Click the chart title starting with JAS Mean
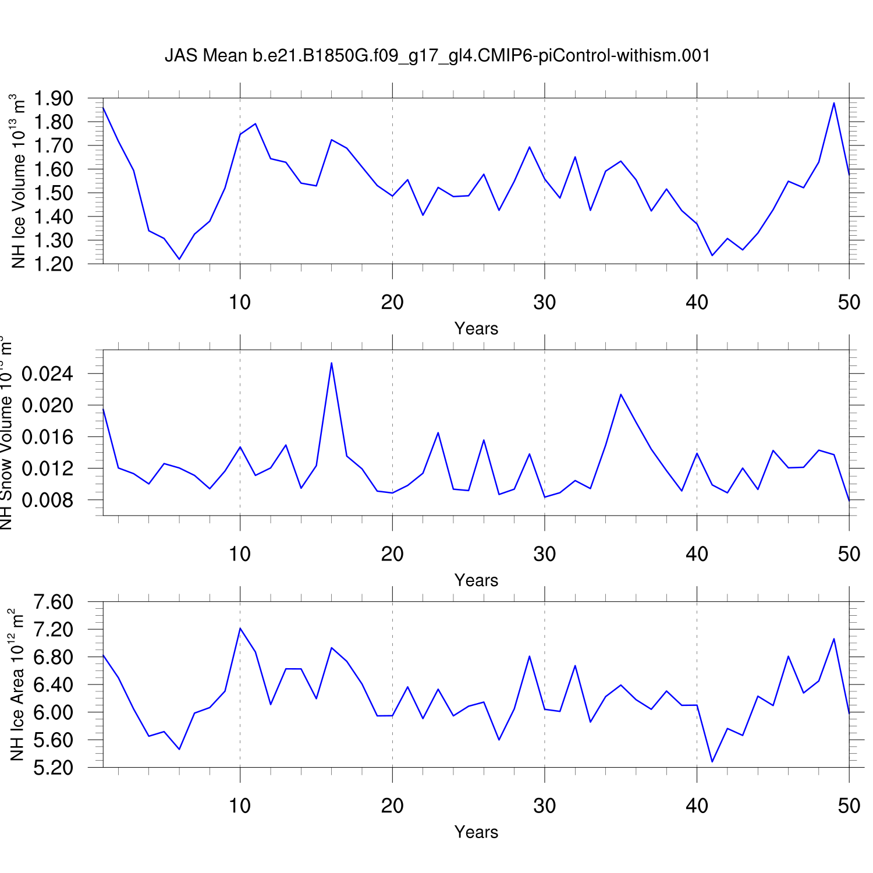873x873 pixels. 437,56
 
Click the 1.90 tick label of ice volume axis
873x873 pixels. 53,98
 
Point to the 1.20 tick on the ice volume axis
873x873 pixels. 53,264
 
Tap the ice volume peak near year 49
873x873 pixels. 834,103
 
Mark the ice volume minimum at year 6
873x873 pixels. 179,259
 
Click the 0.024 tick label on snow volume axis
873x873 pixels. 48,374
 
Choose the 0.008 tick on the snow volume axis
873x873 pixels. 48,500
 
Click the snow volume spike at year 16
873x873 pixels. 332,363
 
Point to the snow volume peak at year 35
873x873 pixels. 621,395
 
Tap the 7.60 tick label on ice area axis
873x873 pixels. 53,602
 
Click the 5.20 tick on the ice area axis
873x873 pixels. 53,768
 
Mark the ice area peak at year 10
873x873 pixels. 240,628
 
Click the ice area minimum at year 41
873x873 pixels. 712,761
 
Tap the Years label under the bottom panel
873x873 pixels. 476,832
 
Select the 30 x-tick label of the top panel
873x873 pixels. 545,303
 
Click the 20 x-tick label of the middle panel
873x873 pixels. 392,554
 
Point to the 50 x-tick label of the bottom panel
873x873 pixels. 849,806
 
